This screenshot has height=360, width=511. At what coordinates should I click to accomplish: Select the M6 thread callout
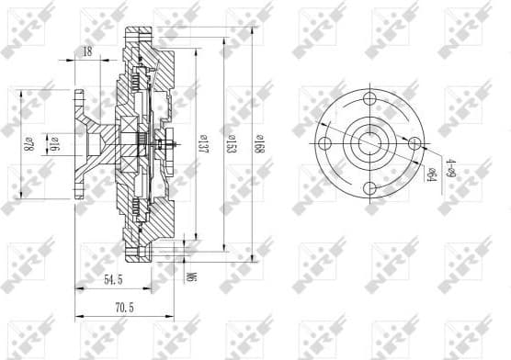coord(192,274)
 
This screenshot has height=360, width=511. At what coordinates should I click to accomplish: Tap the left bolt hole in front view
coord(324,143)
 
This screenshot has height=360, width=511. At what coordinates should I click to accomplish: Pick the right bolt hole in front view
coord(415,143)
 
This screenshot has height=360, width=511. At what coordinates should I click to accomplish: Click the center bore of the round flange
coord(370,143)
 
